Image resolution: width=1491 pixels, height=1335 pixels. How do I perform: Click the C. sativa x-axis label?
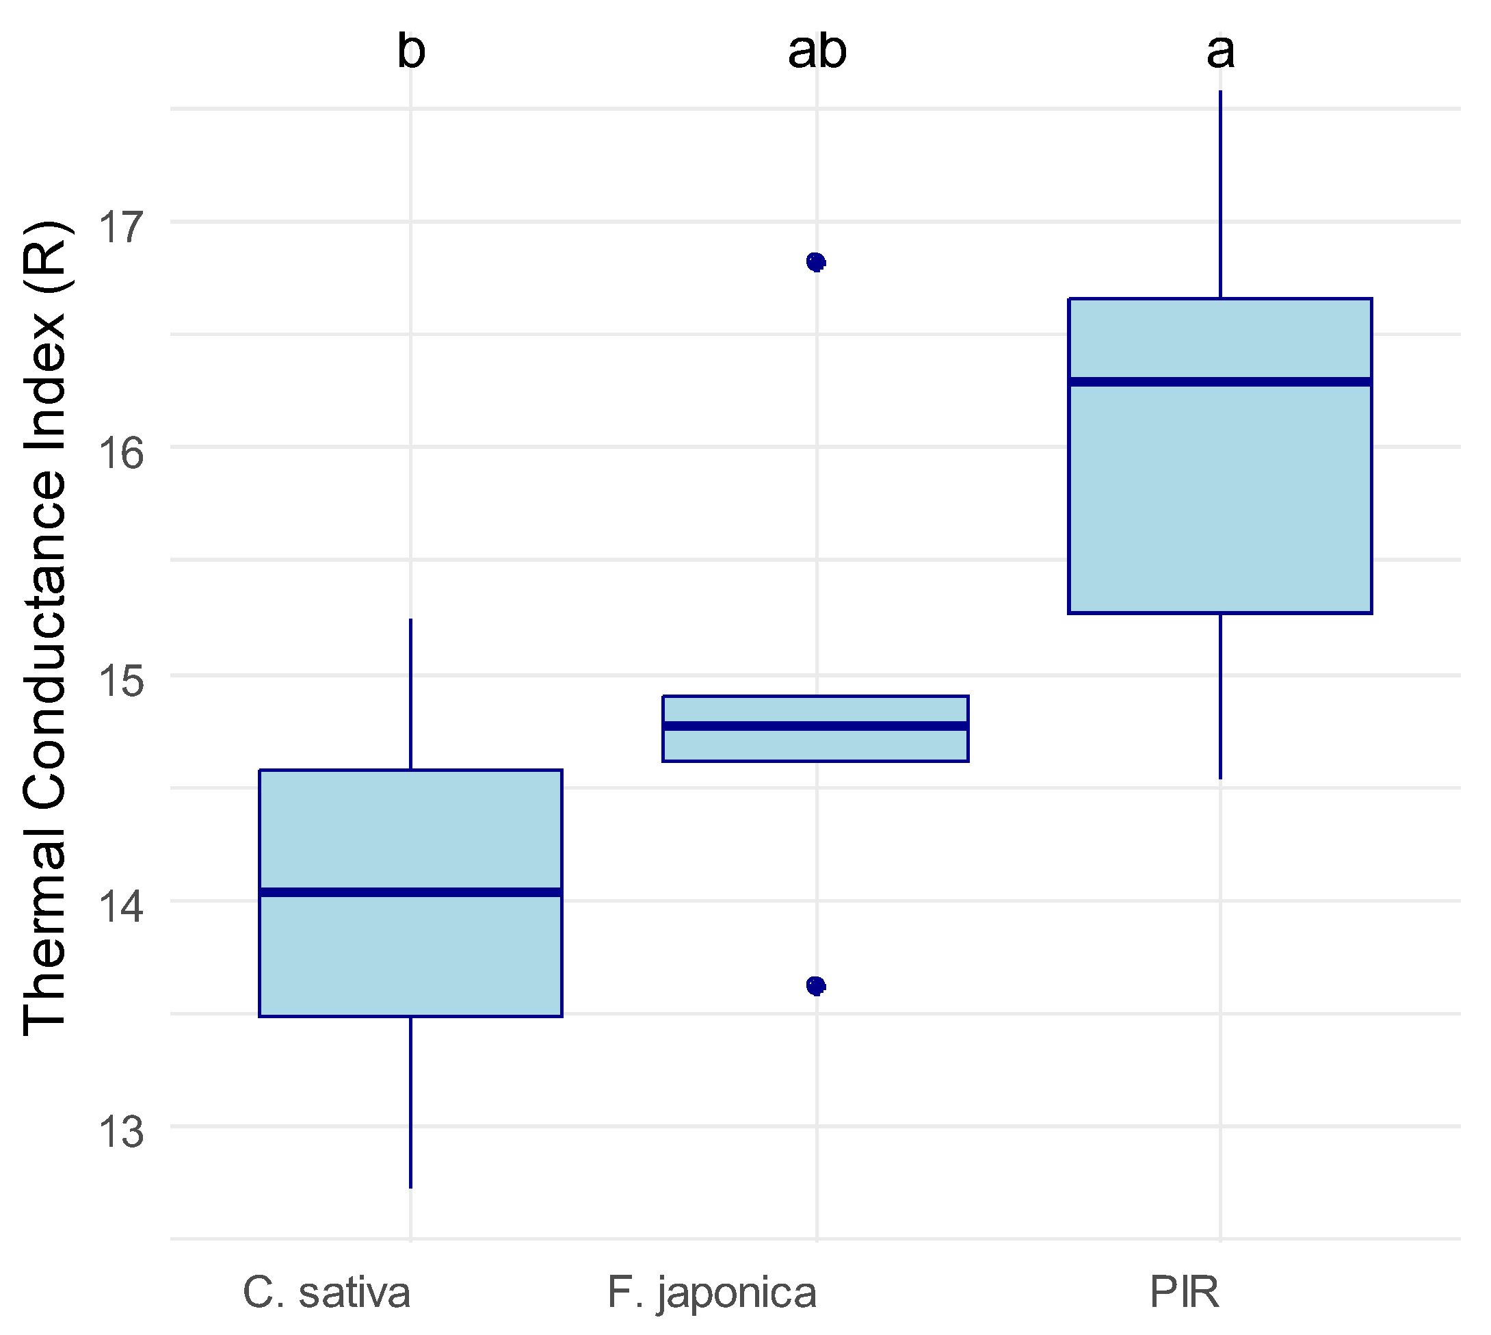coord(327,1293)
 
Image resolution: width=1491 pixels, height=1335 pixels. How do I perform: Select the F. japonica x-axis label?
coord(712,1293)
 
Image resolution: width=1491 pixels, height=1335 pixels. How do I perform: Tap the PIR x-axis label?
coord(1185,1293)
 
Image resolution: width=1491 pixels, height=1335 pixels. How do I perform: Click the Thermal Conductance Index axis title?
coord(45,628)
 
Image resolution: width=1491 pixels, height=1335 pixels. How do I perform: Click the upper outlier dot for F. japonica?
coord(816,262)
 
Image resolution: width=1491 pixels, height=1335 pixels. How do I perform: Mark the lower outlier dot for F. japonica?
coord(816,986)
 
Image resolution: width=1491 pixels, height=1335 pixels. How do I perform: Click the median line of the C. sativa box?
coord(411,892)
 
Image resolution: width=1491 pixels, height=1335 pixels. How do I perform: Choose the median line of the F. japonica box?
coord(816,726)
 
